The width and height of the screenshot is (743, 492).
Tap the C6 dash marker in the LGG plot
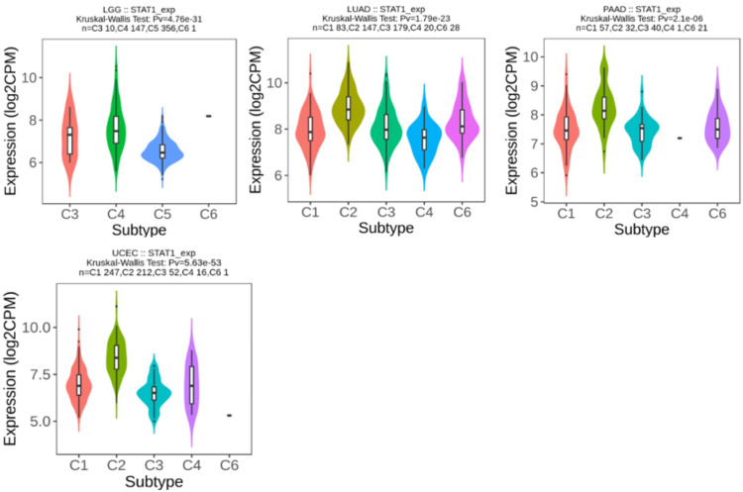207,116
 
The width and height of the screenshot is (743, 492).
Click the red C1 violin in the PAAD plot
566,129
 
